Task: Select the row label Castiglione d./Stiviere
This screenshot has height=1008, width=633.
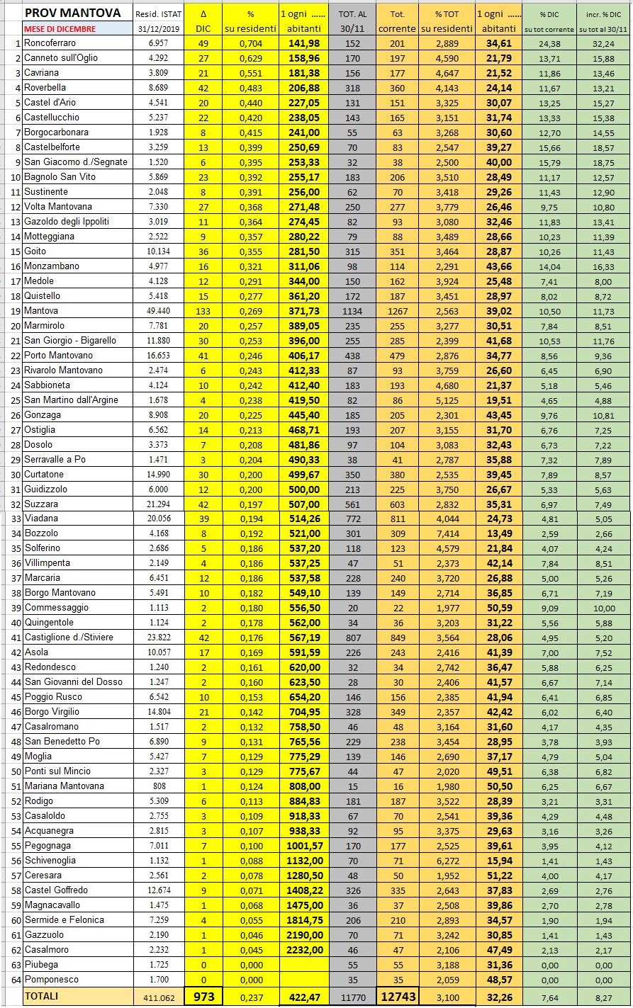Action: coord(69,637)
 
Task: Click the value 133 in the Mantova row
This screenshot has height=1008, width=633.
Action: coord(203,310)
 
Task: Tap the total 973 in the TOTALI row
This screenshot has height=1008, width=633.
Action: coord(203,996)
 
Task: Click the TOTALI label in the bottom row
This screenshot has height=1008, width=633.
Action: coord(42,996)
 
